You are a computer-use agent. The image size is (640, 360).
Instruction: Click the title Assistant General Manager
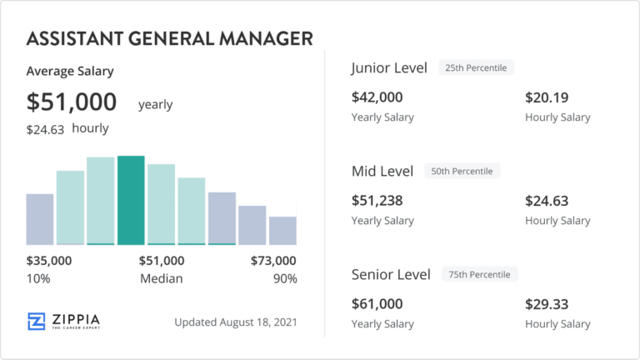[170, 39]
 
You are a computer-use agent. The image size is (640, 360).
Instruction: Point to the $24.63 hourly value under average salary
[45, 129]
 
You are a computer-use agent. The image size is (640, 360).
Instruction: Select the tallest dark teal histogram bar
[131, 200]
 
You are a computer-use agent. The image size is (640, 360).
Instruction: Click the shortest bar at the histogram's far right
[282, 230]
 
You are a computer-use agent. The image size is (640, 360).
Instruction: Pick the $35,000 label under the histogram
[49, 261]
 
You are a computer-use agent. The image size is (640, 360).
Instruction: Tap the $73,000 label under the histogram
[273, 261]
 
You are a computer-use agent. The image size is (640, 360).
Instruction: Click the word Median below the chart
[162, 278]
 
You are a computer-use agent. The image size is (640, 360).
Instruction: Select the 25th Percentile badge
[477, 67]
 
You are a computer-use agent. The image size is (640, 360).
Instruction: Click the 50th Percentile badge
[462, 172]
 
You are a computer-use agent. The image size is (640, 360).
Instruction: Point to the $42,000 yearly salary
[377, 97]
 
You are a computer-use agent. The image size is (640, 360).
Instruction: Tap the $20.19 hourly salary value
[547, 97]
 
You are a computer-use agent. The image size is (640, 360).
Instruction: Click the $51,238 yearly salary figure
[377, 201]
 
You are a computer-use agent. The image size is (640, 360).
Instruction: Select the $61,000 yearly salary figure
[377, 304]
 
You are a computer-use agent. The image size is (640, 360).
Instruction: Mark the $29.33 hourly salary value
[547, 304]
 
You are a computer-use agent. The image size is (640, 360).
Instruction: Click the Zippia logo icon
[36, 322]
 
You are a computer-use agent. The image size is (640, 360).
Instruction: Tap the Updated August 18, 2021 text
[236, 322]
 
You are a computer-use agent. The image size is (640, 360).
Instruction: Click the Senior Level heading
[391, 274]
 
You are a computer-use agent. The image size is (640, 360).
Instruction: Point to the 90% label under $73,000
[285, 278]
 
